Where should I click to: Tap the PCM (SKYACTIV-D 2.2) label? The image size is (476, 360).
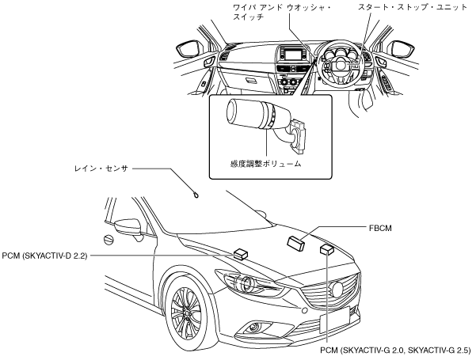tap(44, 256)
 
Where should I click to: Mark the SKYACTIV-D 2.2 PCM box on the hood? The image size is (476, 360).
tap(241, 254)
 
